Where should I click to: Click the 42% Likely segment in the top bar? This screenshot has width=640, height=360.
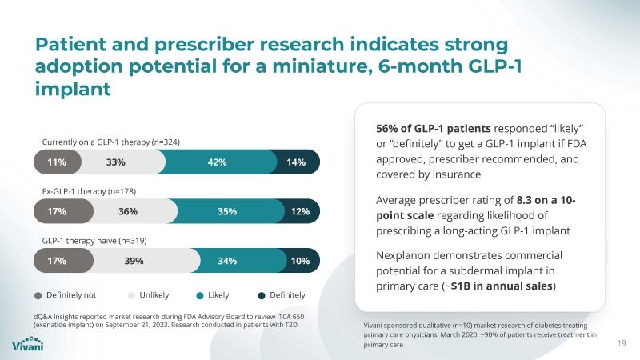217,162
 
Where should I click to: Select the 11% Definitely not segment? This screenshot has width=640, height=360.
56,162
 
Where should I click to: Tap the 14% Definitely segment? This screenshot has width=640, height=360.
297,162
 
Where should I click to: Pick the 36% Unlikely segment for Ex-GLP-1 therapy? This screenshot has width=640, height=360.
128,212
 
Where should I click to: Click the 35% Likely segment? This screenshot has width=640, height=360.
227,212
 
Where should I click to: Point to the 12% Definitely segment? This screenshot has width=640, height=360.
301,212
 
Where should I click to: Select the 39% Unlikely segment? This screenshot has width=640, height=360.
134,261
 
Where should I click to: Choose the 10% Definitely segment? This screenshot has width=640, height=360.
301,261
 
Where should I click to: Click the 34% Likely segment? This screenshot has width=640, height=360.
227,261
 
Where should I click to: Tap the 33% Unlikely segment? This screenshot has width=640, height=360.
116,162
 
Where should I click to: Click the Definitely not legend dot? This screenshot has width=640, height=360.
39,294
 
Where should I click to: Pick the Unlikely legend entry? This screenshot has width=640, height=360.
152,294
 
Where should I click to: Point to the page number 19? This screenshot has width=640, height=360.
622,344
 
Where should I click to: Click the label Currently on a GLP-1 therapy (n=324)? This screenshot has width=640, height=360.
110,142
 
